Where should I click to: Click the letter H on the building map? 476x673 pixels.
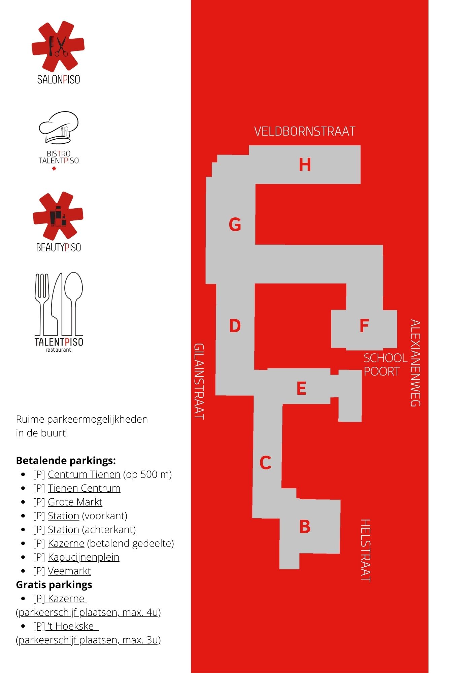coord(305,165)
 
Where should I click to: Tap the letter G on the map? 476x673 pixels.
coord(235,224)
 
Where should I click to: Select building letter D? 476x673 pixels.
coord(235,326)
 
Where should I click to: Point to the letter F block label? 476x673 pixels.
coord(364,326)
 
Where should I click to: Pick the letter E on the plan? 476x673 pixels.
coord(301,388)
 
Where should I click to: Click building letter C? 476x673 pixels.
coord(265,463)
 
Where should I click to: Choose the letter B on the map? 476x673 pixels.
coord(305,527)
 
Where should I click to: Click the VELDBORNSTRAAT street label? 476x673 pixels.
coord(305,131)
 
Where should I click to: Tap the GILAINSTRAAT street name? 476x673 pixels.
coord(199,381)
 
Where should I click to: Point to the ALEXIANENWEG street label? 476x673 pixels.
coord(415,363)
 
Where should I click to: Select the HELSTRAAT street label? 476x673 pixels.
coord(366,551)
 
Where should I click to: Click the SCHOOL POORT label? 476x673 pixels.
coord(385,365)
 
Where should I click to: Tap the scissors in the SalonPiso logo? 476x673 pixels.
coord(61,46)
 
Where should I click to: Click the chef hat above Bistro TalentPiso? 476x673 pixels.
coord(59,127)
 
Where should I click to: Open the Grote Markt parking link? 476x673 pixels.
coord(75,502)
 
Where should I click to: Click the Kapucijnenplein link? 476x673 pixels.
coord(83,557)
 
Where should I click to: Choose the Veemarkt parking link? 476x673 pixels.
coord(69,571)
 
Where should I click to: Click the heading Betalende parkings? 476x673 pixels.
coord(66,461)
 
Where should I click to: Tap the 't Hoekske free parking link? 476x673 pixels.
coord(66,626)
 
